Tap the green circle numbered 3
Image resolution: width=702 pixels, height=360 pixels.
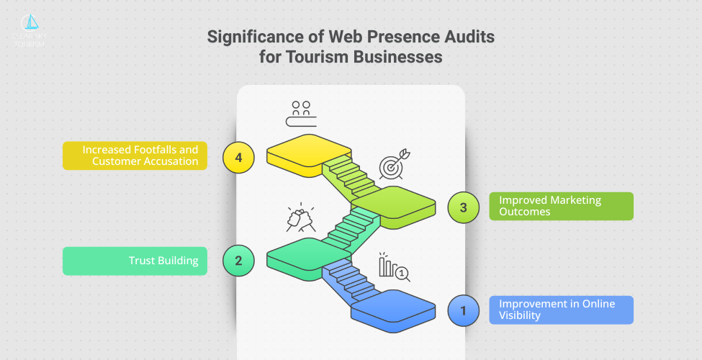point(463,207)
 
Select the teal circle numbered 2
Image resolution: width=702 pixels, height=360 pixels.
point(238,261)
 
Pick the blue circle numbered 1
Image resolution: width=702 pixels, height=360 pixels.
point(463,311)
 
